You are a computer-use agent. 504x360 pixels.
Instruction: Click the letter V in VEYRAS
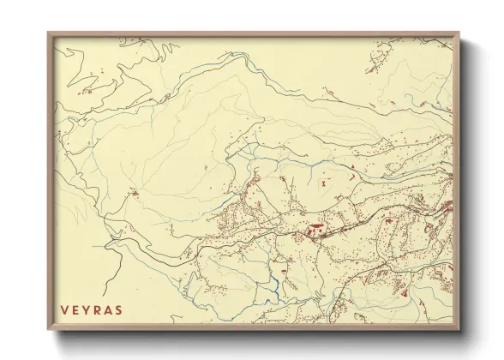(63, 309)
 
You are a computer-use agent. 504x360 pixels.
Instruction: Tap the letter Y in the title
(86, 309)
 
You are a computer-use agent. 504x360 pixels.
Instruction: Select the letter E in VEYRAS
(75, 309)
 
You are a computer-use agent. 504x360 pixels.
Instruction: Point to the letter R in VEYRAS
(97, 309)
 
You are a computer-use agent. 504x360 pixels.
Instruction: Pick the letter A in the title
(108, 309)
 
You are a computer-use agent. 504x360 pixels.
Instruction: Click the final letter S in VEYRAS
(119, 309)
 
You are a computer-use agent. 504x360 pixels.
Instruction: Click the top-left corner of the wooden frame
(48, 33)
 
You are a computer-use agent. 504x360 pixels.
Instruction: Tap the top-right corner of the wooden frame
(459, 33)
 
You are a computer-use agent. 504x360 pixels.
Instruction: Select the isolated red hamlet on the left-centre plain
(134, 193)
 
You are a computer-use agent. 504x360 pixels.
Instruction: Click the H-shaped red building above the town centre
(323, 183)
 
